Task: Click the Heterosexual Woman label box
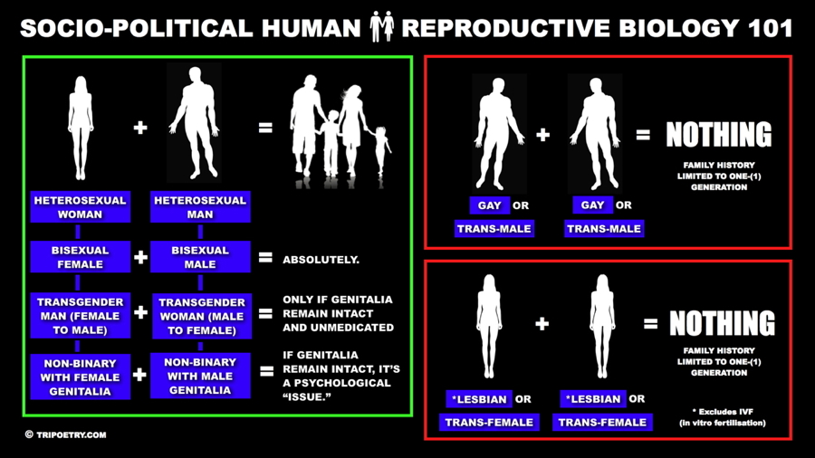click(x=80, y=206)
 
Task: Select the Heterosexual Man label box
click(x=200, y=206)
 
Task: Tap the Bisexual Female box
click(x=80, y=256)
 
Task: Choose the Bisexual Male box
click(x=200, y=256)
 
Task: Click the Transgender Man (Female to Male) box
click(x=80, y=316)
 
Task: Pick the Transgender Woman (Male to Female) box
click(x=202, y=316)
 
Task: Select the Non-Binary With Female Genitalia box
click(x=80, y=377)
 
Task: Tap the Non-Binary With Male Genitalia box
click(x=200, y=376)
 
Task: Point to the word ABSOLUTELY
click(x=321, y=260)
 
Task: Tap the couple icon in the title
click(x=382, y=27)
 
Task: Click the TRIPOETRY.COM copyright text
click(x=66, y=434)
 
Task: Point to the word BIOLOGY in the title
click(x=680, y=28)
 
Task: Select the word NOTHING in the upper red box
click(x=719, y=135)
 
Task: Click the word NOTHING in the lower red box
click(x=722, y=323)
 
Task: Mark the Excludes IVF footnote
click(x=723, y=417)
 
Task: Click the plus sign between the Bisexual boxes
click(x=140, y=257)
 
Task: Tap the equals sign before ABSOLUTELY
click(x=265, y=257)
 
